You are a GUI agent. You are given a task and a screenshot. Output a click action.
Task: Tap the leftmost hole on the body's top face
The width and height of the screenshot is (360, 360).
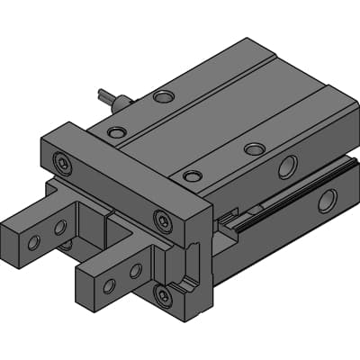(116, 132)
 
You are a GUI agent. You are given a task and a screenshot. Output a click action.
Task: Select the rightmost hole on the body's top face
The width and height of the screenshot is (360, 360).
(255, 148)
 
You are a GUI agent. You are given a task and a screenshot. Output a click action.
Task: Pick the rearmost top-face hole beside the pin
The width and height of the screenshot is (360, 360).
(163, 95)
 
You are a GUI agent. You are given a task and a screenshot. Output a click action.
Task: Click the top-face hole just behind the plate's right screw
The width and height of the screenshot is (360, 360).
(191, 175)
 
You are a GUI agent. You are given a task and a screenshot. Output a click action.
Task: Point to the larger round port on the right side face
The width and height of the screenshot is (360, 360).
(287, 166)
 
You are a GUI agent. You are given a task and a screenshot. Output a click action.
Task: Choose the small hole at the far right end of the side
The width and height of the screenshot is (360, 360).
(327, 201)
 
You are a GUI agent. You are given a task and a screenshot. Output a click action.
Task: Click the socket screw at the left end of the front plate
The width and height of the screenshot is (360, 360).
(61, 162)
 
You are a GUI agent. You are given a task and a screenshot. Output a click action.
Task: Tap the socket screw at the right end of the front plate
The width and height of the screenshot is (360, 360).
(162, 219)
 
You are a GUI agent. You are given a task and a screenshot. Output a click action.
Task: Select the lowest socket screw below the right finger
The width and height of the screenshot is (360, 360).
(162, 295)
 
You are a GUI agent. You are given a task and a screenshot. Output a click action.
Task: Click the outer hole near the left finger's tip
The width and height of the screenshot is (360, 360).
(33, 242)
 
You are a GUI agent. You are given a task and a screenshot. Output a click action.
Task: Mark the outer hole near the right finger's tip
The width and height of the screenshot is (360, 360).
(109, 286)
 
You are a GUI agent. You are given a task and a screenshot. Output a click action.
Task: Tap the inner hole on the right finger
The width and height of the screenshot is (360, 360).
(135, 270)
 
